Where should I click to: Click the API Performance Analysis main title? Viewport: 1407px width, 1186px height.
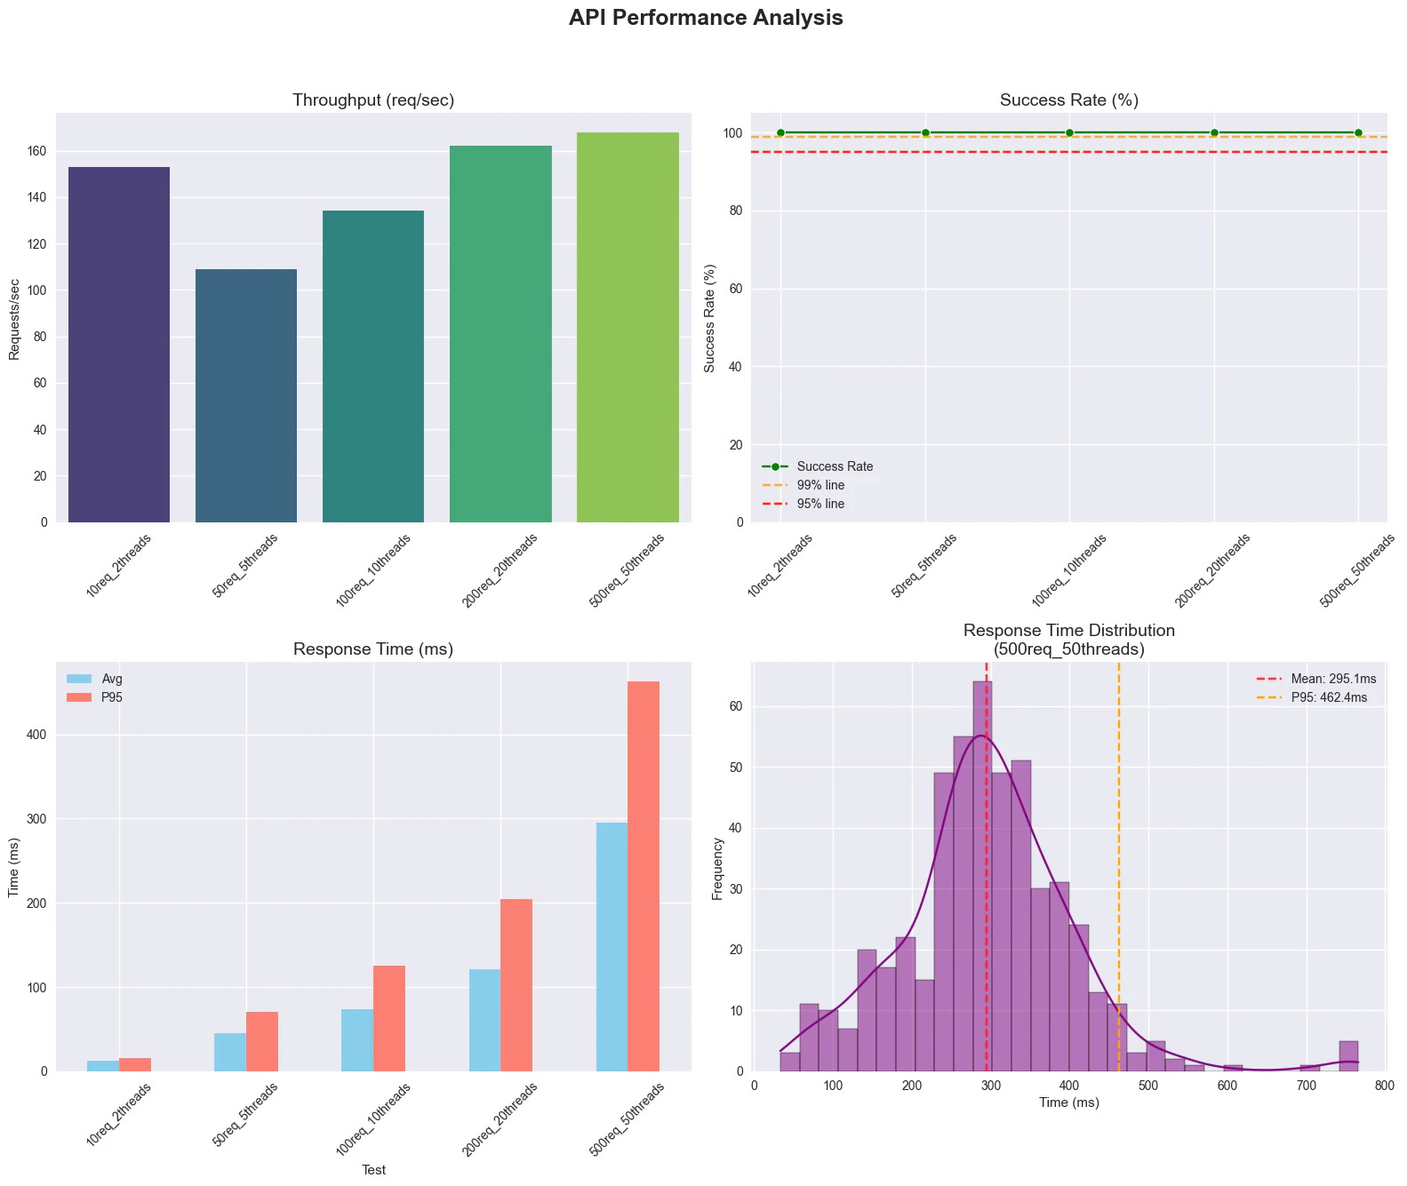(705, 18)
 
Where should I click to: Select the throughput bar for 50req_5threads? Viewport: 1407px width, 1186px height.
(246, 395)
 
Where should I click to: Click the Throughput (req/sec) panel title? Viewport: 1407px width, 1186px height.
(373, 100)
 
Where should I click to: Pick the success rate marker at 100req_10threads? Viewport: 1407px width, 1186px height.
(1069, 133)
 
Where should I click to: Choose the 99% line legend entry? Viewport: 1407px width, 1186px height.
(820, 485)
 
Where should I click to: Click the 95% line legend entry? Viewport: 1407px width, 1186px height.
(820, 504)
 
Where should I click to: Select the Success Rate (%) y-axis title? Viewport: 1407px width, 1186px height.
(709, 317)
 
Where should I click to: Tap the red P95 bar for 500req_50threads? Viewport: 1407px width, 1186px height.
(644, 876)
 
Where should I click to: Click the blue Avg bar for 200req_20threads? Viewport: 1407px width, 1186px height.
(484, 1020)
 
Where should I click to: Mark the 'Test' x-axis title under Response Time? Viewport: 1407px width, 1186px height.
(373, 1170)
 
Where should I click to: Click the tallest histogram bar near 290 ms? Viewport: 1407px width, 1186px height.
(982, 876)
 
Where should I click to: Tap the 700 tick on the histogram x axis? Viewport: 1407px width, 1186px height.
(1307, 1086)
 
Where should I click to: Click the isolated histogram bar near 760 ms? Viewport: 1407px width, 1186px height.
(1348, 1056)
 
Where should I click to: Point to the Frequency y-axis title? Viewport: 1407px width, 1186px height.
(718, 866)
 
